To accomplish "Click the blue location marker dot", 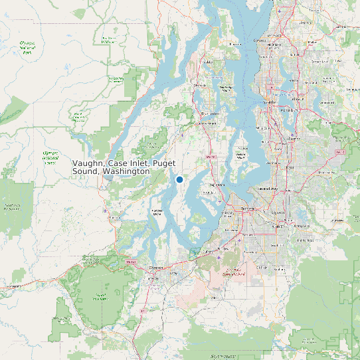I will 179,179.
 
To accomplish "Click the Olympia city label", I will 157,267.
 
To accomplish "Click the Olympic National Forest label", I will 50,156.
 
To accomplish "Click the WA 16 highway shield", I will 210,156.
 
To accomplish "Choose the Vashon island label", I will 240,156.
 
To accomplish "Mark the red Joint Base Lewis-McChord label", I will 233,270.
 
